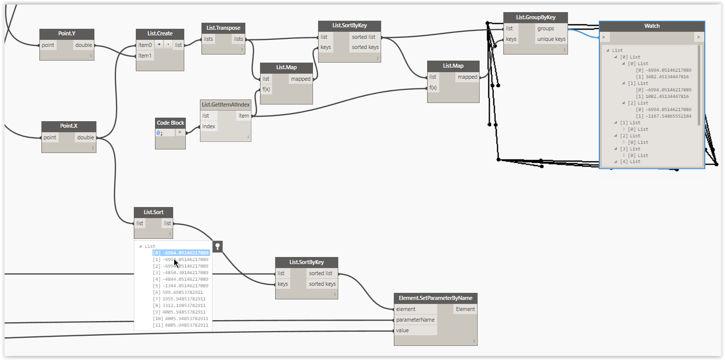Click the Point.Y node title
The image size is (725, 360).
coord(67,33)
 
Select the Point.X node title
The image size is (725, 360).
coord(68,126)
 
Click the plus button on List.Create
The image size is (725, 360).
coord(160,44)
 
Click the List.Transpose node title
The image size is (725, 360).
coord(223,27)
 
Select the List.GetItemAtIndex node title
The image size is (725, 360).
coord(226,105)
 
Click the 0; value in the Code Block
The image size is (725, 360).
coord(160,133)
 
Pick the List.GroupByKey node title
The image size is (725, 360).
coord(535,17)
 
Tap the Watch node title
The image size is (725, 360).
coord(651,26)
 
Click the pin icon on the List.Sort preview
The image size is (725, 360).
coord(217,246)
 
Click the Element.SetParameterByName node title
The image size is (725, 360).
coord(435,297)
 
